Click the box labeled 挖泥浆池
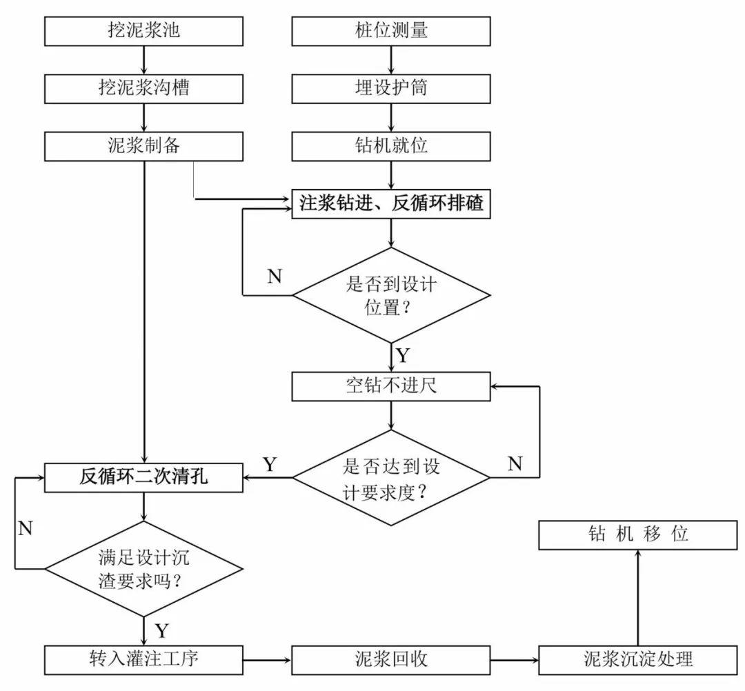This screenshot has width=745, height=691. pos(143,30)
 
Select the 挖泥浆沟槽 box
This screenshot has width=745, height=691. pos(143,88)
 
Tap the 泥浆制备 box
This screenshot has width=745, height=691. pos(143,146)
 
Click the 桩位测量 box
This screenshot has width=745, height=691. pos(391,30)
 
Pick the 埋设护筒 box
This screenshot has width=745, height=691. pos(391,88)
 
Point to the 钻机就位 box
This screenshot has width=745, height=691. pos(391,146)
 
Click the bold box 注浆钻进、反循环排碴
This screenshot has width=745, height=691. pos(391,204)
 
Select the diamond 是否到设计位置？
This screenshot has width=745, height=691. pos(391,296)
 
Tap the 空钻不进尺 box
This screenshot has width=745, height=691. pos(391,386)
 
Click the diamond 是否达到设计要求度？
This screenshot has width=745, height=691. pos(391,477)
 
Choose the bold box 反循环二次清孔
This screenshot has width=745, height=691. pos(143,477)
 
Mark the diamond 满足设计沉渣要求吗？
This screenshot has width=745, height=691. pos(143,569)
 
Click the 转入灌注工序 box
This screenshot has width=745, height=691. pos(143,659)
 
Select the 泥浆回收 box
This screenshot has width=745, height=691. pos(391,659)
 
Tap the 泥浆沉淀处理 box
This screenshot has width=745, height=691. pos(637,659)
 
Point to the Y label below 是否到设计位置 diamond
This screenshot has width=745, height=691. pos(403,357)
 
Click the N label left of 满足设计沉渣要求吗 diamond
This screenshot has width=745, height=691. pos(26,529)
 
